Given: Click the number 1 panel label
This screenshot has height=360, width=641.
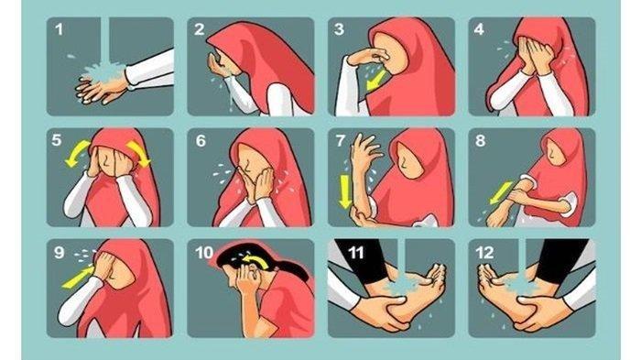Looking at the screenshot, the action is [x=60, y=29].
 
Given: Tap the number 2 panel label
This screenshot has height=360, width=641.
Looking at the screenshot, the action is [x=199, y=29].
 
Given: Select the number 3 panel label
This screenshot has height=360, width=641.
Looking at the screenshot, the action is [x=339, y=29].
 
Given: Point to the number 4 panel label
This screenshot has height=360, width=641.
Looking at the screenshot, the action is [x=479, y=29].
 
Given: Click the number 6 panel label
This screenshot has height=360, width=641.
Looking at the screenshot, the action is [x=201, y=141].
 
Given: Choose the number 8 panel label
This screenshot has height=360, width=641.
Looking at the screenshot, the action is [x=481, y=141].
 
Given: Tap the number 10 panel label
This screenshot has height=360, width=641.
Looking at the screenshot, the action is [x=204, y=253].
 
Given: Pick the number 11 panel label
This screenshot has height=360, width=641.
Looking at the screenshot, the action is [x=355, y=253].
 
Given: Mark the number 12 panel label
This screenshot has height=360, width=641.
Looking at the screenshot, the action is [x=484, y=253].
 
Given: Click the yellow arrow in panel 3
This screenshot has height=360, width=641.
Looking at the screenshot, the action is [x=376, y=81].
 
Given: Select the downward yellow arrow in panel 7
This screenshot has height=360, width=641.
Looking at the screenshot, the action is [x=345, y=191].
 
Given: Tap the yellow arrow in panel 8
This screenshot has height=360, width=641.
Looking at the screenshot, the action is [x=500, y=192].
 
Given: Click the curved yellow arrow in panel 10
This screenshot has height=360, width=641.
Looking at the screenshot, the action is [x=255, y=261].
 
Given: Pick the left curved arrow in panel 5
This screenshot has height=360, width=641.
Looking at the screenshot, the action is [x=77, y=153].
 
